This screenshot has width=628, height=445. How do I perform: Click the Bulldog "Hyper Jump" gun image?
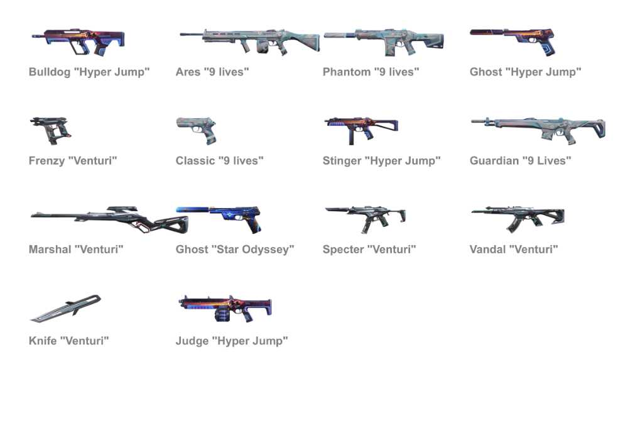tap(78, 41)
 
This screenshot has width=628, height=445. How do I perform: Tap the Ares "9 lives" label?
tap(212, 72)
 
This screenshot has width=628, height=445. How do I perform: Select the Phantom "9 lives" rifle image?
tap(384, 41)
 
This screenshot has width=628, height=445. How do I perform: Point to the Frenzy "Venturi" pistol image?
tap(51, 131)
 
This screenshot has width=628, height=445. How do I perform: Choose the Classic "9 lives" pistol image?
tap(196, 131)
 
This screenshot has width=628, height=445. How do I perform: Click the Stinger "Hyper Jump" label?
tap(382, 161)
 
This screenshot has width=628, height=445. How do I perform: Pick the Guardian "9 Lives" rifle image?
tap(538, 131)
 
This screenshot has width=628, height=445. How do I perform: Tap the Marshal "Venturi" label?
tap(76, 250)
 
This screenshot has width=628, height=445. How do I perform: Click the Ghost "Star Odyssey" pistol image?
tap(219, 219)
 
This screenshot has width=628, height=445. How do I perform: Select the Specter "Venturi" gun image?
tap(365, 219)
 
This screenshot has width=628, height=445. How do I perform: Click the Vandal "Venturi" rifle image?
tap(518, 219)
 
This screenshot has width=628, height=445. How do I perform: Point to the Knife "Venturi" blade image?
tap(66, 309)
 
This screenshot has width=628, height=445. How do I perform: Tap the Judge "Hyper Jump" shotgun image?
tap(225, 309)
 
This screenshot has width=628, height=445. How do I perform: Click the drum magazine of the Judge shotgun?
tap(223, 314)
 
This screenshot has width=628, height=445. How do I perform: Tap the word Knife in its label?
tap(43, 341)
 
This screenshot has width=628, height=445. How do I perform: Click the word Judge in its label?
tap(192, 341)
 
